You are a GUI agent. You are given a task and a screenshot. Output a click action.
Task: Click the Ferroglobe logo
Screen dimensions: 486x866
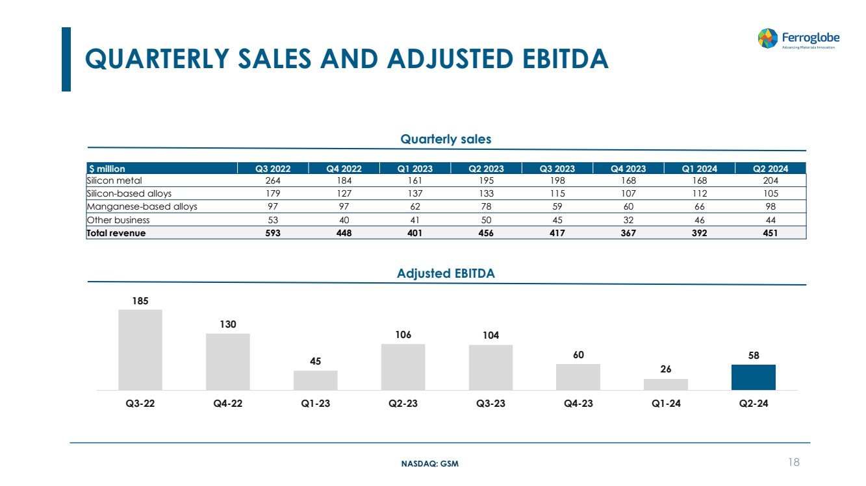798,38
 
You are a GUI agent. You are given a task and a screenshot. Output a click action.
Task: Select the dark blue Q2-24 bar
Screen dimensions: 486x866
753,378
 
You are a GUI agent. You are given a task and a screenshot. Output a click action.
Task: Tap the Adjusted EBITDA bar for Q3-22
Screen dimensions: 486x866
140,350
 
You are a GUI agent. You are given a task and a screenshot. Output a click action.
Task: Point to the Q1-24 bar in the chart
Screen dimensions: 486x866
665,384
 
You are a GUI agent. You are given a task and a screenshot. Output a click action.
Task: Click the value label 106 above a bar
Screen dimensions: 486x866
403,334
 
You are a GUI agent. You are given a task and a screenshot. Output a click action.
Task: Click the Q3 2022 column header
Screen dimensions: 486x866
274,169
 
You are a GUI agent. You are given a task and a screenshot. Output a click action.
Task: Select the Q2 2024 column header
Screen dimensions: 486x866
770,169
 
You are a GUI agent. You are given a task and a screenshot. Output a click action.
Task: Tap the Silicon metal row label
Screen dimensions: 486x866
114,180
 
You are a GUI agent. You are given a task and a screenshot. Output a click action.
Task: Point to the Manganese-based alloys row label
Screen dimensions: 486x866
142,207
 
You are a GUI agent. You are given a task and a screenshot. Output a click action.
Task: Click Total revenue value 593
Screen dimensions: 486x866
273,234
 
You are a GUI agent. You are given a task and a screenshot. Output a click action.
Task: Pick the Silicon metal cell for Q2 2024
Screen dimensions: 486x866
770,180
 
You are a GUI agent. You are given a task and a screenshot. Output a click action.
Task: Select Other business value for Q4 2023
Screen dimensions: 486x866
628,220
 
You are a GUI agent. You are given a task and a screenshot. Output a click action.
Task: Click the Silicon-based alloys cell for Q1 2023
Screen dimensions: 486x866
415,193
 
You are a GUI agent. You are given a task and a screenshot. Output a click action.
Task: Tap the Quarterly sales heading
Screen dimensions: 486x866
446,139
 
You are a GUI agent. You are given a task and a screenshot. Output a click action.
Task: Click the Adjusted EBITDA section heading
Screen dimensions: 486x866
446,273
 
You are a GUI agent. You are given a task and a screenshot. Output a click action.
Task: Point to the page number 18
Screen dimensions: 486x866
793,462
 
